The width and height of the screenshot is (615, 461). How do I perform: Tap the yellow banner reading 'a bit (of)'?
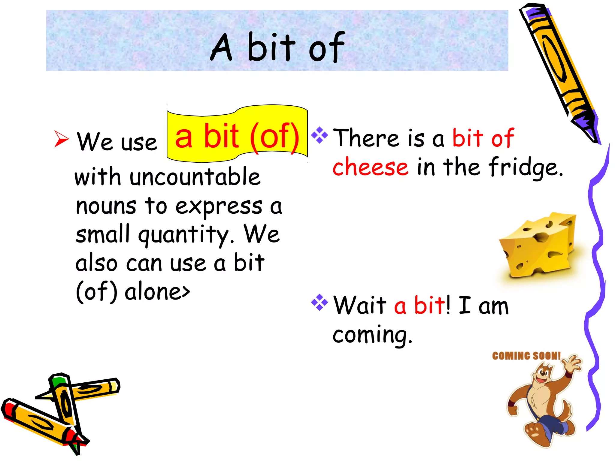[x=237, y=135]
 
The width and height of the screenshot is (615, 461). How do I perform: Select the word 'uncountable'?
[x=195, y=177]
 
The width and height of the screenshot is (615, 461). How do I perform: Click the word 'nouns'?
[x=106, y=206]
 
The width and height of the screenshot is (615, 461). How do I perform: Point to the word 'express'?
[x=219, y=207]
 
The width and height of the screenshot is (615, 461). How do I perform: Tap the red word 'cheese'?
[x=370, y=167]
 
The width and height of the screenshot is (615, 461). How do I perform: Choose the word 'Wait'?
[x=360, y=305]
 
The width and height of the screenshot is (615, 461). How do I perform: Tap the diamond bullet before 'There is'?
[x=320, y=135]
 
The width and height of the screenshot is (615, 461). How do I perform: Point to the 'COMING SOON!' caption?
[x=526, y=356]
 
